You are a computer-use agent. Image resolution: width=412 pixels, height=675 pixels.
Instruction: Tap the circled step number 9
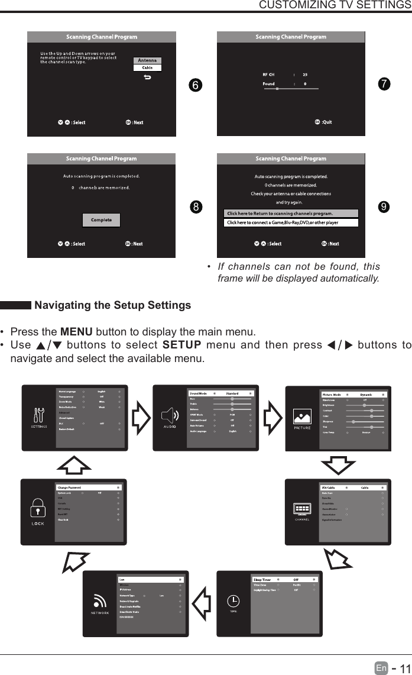[384, 206]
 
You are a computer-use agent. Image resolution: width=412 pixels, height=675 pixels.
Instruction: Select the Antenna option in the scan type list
[148, 60]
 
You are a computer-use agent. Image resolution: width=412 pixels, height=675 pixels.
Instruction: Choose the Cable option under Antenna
[148, 67]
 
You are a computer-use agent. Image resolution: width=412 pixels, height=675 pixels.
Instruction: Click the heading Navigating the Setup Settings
[112, 305]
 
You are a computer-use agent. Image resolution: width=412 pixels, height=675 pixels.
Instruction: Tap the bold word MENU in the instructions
[75, 331]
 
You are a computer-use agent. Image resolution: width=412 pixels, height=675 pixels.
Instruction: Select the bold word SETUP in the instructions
[182, 345]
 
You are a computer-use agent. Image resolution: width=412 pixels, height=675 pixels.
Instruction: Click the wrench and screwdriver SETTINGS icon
[39, 415]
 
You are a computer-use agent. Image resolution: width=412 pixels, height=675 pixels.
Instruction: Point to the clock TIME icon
[234, 600]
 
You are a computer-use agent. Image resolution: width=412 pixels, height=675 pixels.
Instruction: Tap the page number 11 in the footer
[404, 668]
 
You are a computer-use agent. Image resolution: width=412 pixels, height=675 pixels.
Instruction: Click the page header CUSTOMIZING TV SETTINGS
[335, 5]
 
